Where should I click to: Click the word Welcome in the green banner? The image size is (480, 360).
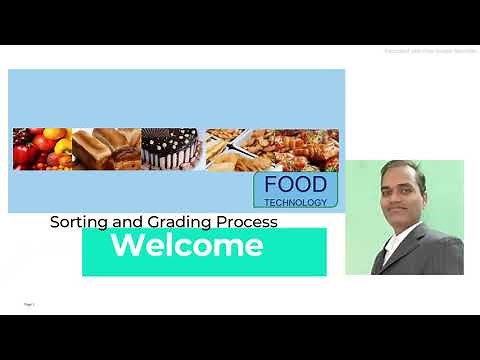pos(187,246)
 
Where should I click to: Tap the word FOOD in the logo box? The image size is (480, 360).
pos(295,186)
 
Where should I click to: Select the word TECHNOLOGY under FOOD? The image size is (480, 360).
pos(295,202)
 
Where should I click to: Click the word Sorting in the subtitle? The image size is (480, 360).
pos(77,222)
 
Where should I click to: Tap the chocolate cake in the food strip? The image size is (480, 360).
pos(172,147)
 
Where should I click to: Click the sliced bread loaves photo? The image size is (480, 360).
pos(105,147)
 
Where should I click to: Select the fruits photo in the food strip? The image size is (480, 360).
pos(40,147)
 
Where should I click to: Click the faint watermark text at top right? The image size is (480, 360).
pos(429,51)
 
